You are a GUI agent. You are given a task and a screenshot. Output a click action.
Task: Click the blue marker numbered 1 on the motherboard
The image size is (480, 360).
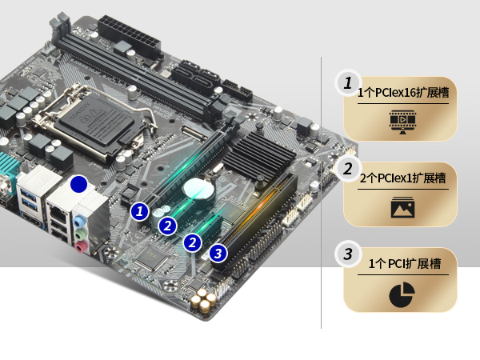[x=139, y=211]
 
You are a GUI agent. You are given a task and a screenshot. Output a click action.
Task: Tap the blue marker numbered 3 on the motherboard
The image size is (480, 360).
[x=218, y=254]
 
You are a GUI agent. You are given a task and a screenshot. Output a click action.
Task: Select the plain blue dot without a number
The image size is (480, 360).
[x=78, y=184]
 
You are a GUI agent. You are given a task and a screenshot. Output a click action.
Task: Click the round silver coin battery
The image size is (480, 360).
[x=198, y=189]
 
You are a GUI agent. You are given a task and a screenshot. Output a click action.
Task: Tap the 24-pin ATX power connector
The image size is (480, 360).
[x=130, y=37]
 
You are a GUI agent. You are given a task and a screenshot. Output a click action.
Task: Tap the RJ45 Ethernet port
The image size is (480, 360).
[x=58, y=214]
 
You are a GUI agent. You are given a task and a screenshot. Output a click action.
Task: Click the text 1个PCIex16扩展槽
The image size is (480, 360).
[x=403, y=92]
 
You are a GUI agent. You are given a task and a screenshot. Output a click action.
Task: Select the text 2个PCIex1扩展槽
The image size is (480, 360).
[x=403, y=178]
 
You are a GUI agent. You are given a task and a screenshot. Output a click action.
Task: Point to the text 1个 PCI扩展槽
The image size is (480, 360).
[x=404, y=263]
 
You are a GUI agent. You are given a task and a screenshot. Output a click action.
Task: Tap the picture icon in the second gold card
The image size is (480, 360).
[x=403, y=207]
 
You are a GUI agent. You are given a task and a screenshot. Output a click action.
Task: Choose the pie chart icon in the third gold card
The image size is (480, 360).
[x=402, y=294]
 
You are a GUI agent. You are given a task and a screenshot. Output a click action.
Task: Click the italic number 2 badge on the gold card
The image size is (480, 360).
[x=348, y=169]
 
